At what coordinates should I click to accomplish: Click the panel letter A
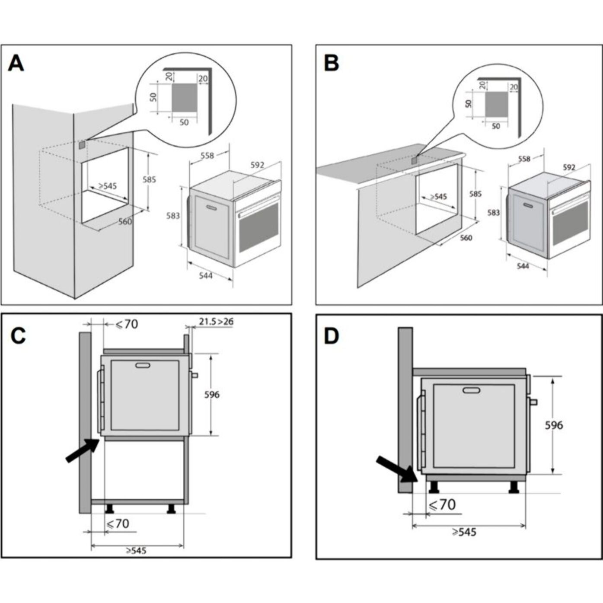tap(16, 64)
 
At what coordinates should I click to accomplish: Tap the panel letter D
tap(331, 336)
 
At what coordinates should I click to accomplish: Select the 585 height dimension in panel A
tap(149, 179)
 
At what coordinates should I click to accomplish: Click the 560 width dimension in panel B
tap(466, 238)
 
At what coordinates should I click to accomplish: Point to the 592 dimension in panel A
tap(257, 165)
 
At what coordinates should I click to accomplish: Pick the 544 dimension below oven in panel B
tap(523, 266)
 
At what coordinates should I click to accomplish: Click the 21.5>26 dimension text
tap(216, 322)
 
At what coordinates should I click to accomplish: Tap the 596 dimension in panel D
tap(553, 425)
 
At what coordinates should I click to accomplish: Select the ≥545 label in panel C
tap(136, 550)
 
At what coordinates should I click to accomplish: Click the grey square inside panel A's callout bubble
tap(184, 97)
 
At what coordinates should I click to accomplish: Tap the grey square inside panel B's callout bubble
tap(496, 104)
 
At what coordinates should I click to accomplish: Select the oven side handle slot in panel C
tap(142, 366)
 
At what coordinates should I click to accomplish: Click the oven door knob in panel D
tap(533, 402)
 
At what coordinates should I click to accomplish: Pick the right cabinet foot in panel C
tap(172, 509)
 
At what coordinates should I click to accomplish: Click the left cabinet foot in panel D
tap(432, 488)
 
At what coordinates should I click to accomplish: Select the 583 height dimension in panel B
tap(493, 213)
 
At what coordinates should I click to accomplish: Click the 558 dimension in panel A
tap(207, 156)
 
